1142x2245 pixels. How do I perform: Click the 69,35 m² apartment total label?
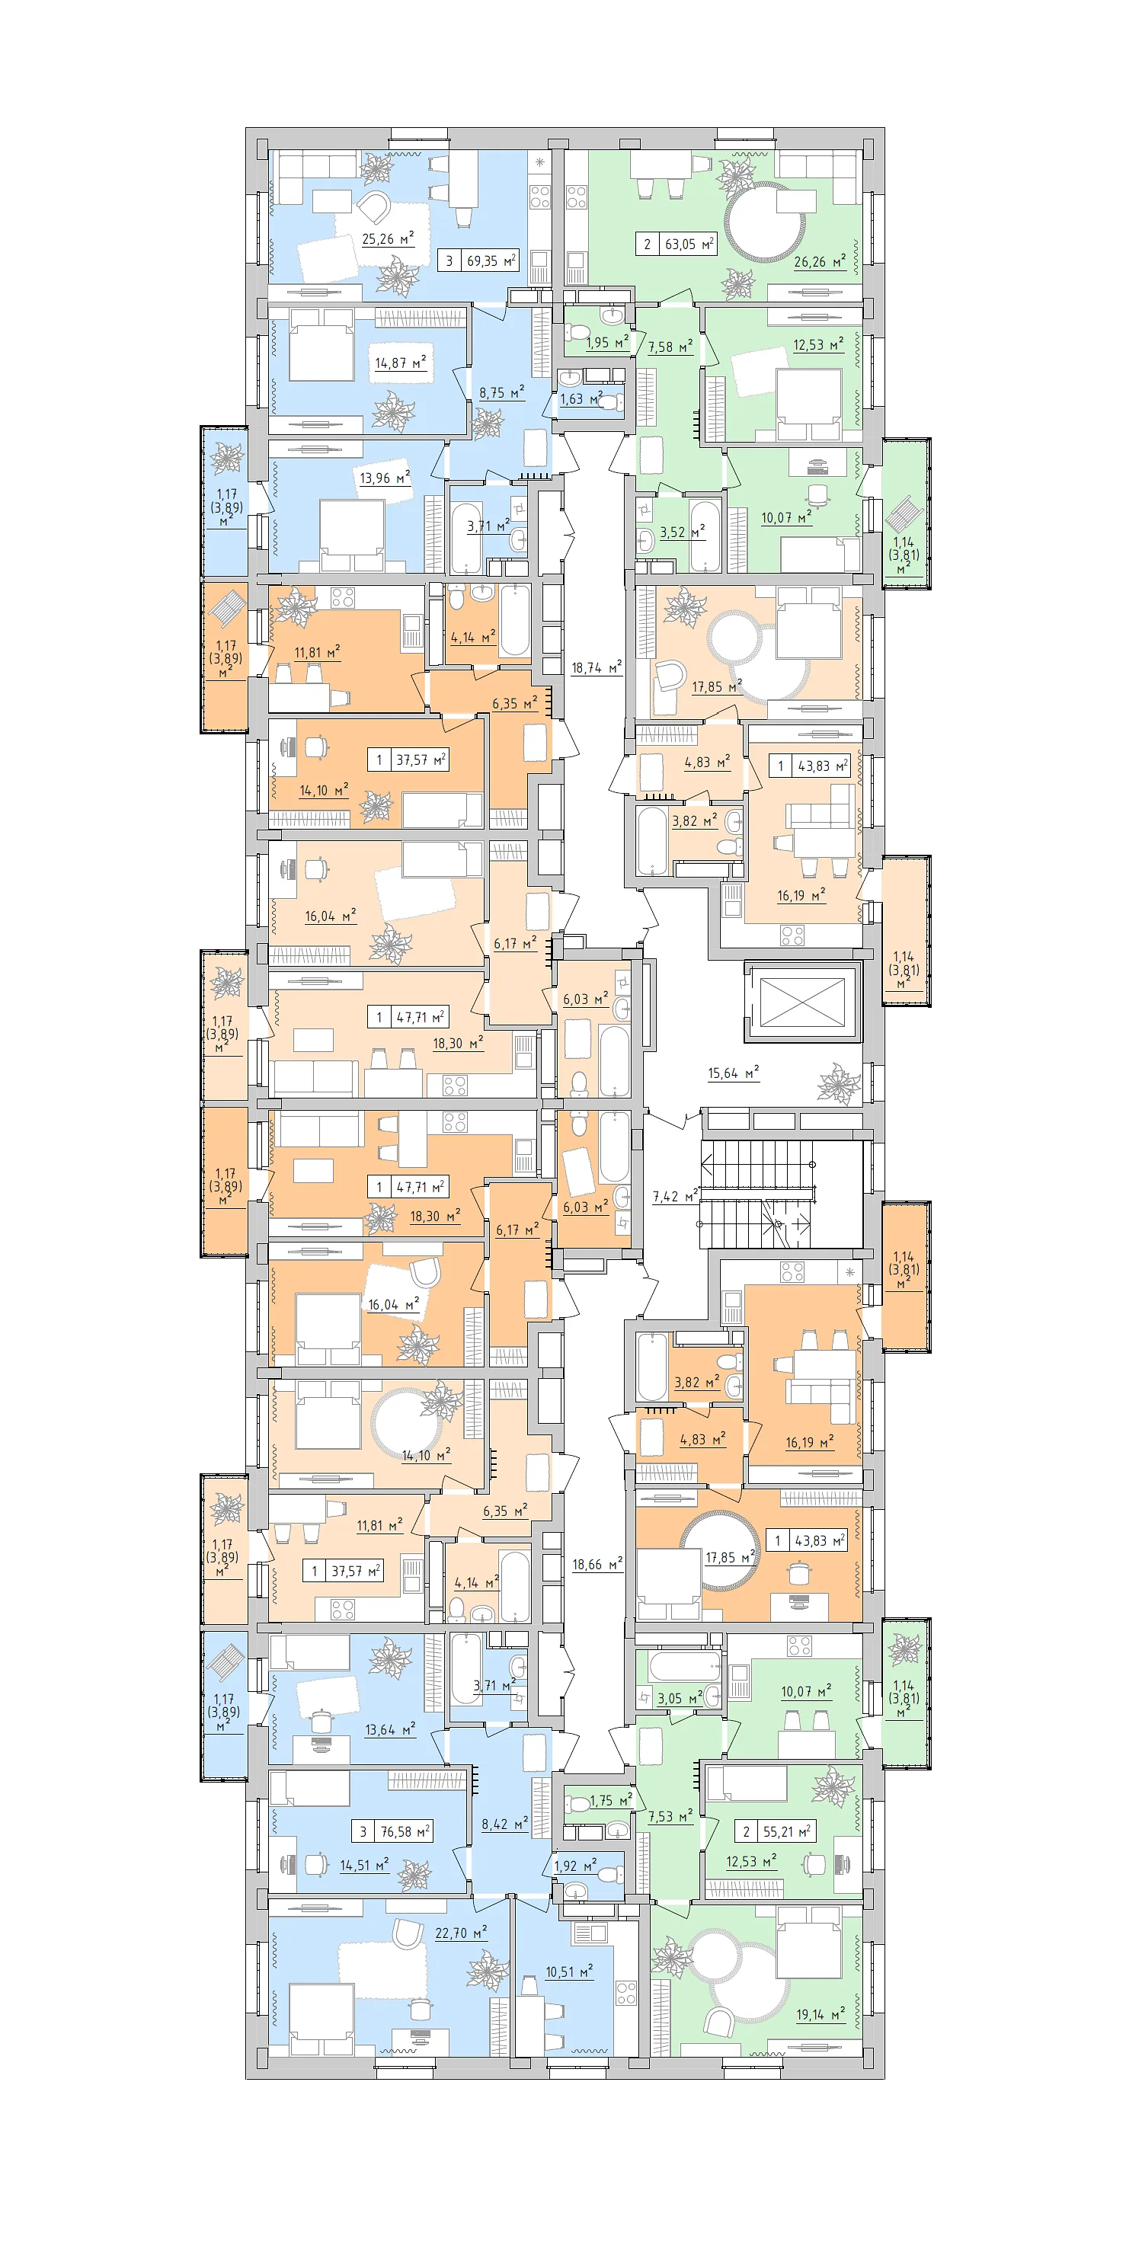[491, 260]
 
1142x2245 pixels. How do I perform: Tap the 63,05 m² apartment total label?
[689, 244]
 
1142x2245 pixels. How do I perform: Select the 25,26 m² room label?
[388, 238]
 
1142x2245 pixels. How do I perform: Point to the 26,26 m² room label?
[820, 261]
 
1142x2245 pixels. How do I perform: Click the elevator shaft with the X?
[802, 1003]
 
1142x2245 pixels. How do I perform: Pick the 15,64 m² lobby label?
[733, 1072]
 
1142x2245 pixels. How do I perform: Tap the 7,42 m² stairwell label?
[676, 1196]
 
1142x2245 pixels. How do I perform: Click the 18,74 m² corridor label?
[597, 667]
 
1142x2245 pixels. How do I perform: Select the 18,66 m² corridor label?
[597, 1565]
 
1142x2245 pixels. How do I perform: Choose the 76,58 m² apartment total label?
[405, 1831]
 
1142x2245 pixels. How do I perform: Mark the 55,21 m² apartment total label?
[787, 1831]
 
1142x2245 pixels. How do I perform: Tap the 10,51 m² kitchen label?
[569, 1972]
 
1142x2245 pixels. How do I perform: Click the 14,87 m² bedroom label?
[400, 363]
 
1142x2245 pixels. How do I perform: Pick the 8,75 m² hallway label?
[501, 392]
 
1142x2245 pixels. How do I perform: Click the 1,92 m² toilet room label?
[575, 1866]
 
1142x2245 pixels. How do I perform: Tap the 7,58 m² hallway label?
[670, 347]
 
